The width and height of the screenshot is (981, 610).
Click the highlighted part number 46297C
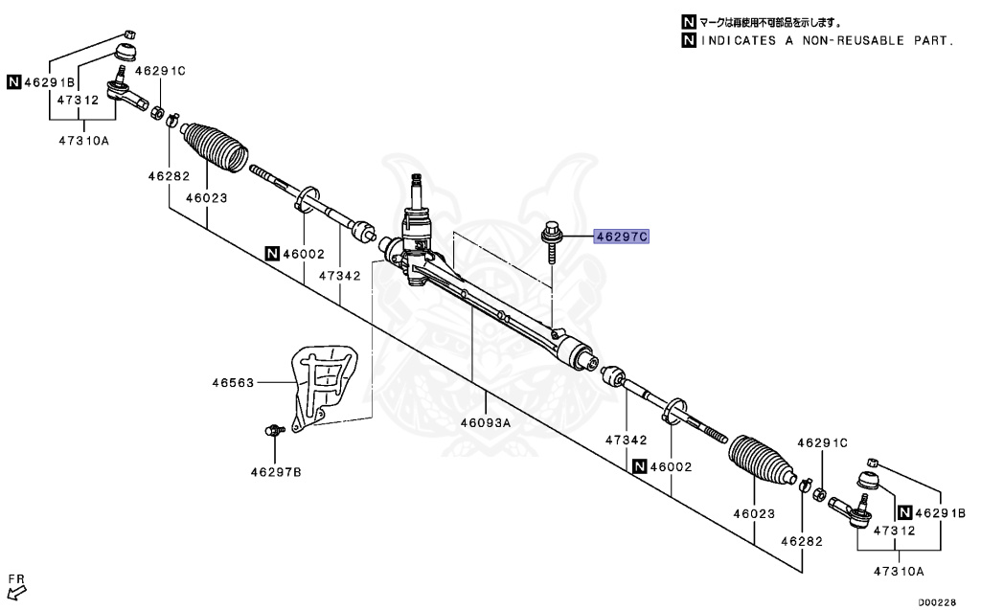tap(622, 236)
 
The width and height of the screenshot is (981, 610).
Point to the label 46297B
tap(276, 471)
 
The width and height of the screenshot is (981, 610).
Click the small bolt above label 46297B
tap(273, 430)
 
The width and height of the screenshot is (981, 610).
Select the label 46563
tap(233, 383)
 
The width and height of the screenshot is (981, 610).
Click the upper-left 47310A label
tap(83, 140)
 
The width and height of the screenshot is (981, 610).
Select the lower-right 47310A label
tap(898, 571)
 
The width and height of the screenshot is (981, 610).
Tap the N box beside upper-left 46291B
tap(13, 81)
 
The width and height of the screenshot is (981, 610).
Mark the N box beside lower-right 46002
tap(638, 466)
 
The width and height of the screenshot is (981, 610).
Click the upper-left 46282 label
tap(169, 176)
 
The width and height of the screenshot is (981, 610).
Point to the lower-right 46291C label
tap(823, 442)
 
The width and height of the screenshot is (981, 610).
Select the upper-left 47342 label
tap(340, 275)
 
